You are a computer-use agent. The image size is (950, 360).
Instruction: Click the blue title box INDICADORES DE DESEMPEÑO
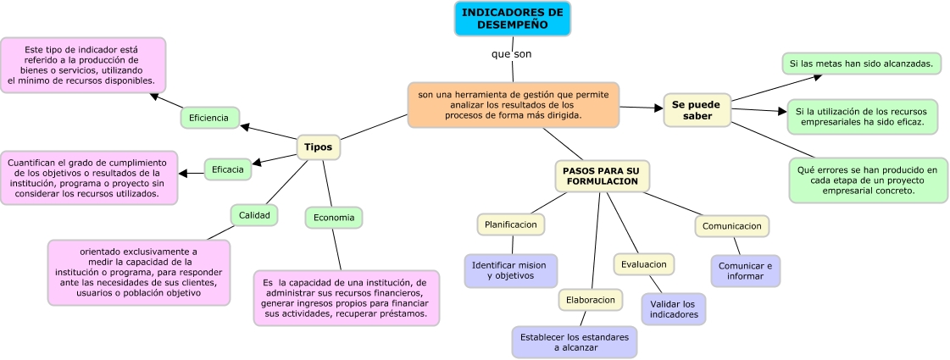(x=513, y=19)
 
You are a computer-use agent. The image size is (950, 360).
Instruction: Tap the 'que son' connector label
(x=511, y=54)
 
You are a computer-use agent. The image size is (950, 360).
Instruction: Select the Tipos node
(x=318, y=147)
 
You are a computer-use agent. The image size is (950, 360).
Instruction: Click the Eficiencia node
(x=209, y=118)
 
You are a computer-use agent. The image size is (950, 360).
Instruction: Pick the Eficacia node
(x=227, y=169)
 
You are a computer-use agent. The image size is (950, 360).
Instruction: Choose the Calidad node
(x=254, y=215)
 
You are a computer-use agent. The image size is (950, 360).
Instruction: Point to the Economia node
(x=333, y=218)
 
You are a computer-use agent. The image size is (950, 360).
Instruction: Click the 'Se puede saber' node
(x=697, y=110)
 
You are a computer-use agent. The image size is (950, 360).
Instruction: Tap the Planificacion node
(x=510, y=224)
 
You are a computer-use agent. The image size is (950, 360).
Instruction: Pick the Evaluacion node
(x=643, y=264)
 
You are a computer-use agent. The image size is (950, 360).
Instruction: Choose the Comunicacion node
(x=731, y=226)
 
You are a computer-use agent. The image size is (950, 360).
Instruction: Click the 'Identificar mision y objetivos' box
(x=510, y=270)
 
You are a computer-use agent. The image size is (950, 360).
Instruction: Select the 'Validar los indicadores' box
(x=673, y=309)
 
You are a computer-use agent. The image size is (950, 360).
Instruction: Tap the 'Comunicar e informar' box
(x=745, y=271)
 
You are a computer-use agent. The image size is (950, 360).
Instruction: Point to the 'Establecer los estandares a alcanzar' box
(x=574, y=341)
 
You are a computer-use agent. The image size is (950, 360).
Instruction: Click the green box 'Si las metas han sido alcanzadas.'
(x=860, y=64)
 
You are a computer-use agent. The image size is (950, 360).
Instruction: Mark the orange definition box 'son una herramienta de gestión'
(x=513, y=104)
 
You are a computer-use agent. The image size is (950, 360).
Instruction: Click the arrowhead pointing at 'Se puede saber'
(x=658, y=108)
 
